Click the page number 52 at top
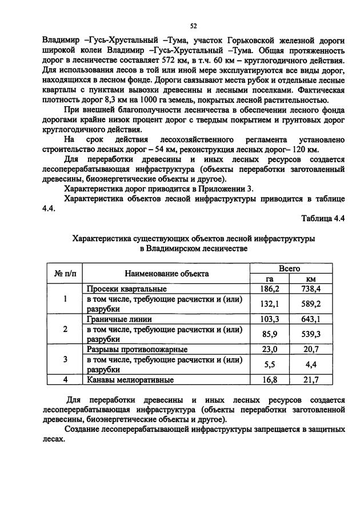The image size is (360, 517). coord(193,26)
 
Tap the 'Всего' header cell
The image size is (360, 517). coord(289,268)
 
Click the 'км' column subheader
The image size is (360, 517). coord(311,279)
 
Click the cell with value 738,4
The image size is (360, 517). coord(311,289)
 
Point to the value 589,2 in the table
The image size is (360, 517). coord(311,303)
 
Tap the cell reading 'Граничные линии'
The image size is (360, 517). coord(118,319)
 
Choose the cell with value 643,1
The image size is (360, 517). coord(311,319)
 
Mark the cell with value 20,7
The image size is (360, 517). coord(311,348)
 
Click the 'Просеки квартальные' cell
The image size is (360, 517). coord(126,289)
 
